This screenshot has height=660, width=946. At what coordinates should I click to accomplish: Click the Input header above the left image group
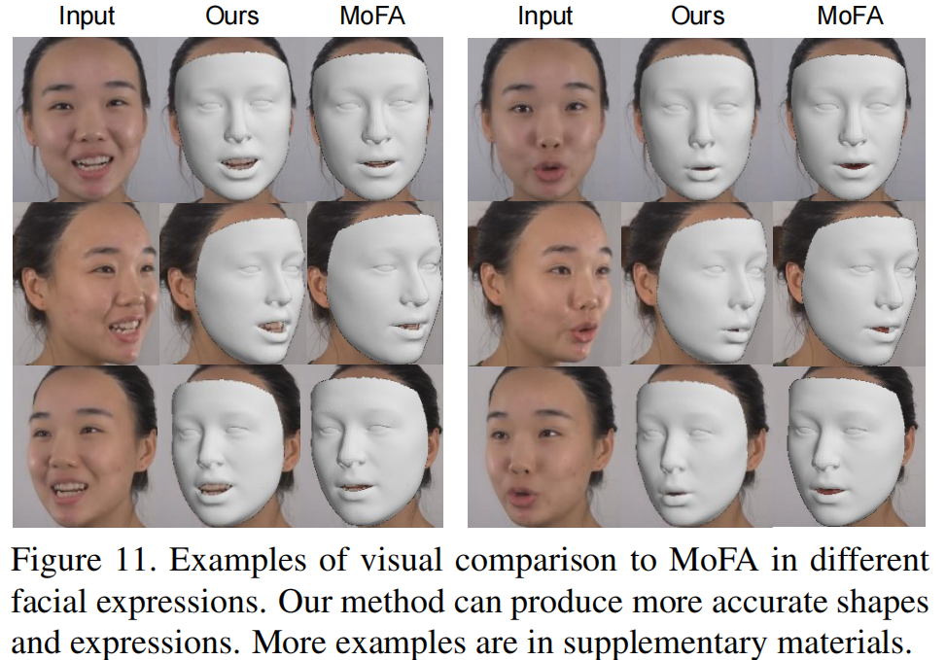pos(86,17)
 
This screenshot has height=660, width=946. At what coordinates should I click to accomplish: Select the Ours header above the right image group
pos(697,17)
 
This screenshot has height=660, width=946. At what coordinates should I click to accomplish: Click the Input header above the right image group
pos(544,17)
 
